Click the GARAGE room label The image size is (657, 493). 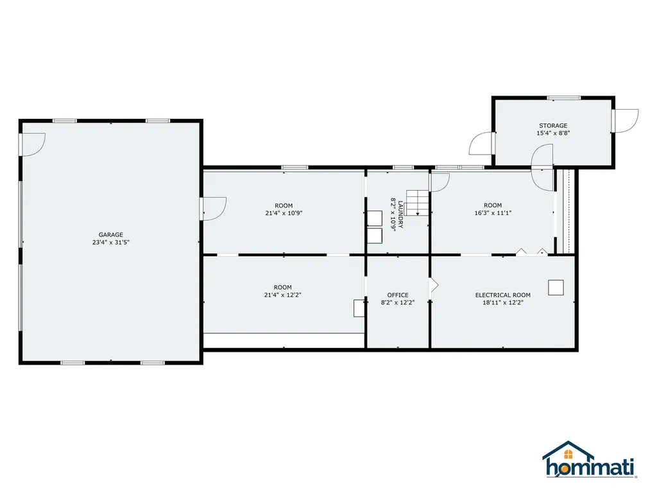[110, 235]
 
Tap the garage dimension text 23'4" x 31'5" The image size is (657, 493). [110, 243]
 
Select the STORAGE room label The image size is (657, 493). [552, 126]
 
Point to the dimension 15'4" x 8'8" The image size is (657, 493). [552, 134]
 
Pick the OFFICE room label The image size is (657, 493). [398, 295]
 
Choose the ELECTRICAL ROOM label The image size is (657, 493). [502, 295]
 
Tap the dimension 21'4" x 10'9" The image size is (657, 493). [283, 214]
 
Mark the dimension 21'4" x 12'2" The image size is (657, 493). [283, 295]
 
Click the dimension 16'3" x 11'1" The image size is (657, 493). [493, 213]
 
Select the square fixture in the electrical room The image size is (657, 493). [556, 287]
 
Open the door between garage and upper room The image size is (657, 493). [212, 208]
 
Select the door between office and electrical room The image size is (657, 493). [433, 284]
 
